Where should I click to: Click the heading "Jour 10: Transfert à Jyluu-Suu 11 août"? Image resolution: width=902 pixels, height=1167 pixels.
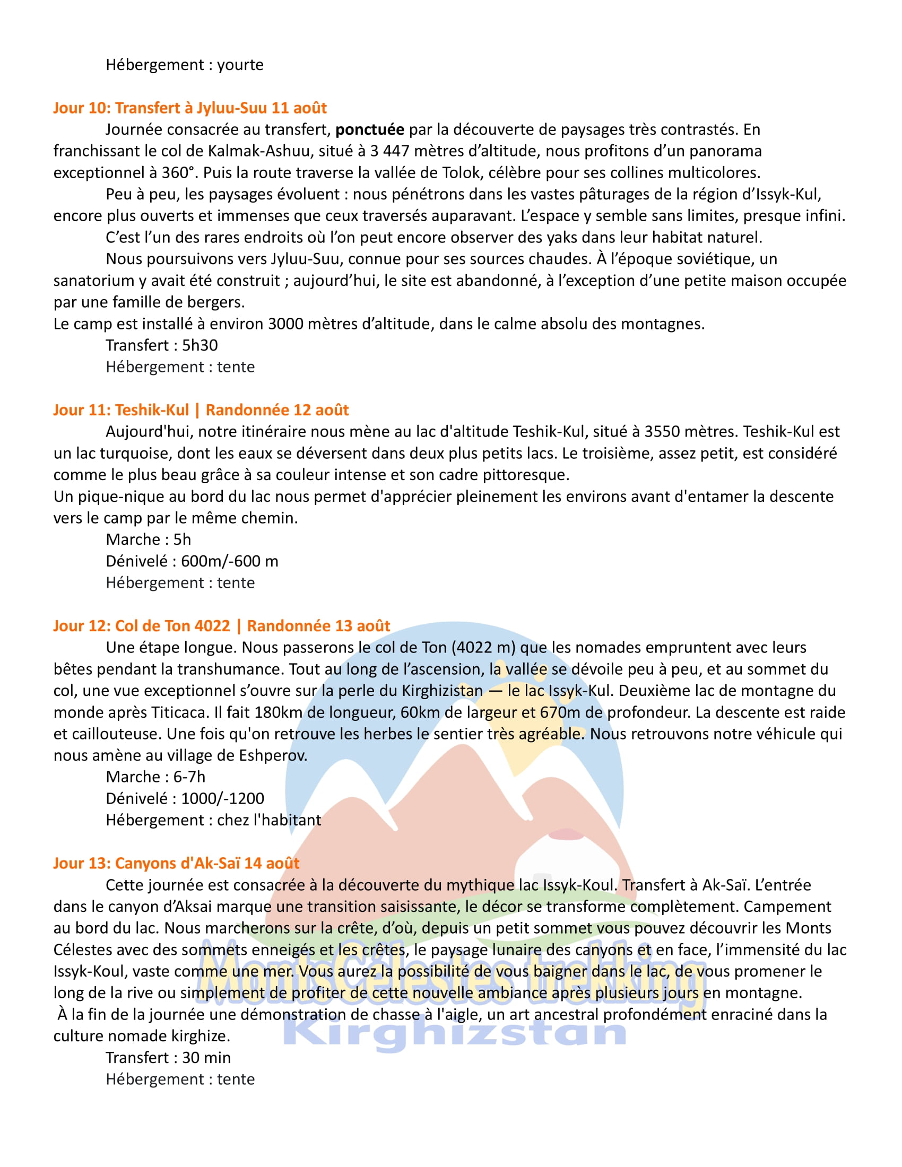(x=190, y=108)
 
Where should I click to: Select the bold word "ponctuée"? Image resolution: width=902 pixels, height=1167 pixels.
(x=370, y=130)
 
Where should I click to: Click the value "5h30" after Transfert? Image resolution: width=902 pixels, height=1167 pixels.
(x=200, y=346)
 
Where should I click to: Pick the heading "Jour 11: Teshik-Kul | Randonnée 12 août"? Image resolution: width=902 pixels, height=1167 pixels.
(x=201, y=410)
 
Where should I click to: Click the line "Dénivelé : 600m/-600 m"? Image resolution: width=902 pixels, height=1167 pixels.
(x=192, y=561)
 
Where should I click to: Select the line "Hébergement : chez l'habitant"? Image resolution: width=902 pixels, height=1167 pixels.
(x=213, y=820)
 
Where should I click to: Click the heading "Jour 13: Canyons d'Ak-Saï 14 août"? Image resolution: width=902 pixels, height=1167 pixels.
(x=176, y=864)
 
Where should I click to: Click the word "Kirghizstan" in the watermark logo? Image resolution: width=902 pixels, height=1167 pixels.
(x=454, y=1035)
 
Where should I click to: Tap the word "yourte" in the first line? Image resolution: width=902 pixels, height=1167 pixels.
(x=240, y=65)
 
